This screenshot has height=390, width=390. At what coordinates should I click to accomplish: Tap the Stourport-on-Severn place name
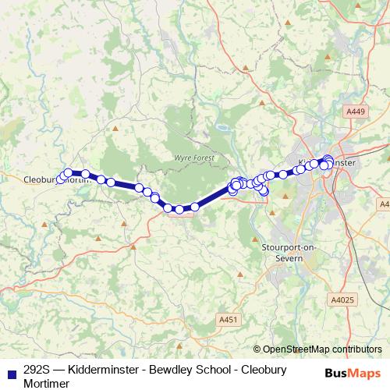[x=289, y=253]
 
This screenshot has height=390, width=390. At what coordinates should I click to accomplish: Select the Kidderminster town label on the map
[x=326, y=162]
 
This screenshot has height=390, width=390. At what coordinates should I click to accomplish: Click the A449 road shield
[x=356, y=112]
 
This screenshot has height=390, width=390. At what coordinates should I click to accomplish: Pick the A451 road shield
[x=228, y=319]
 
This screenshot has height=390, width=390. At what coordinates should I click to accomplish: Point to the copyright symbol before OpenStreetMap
[x=257, y=349]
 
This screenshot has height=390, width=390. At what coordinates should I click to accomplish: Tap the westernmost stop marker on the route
[x=61, y=179]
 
